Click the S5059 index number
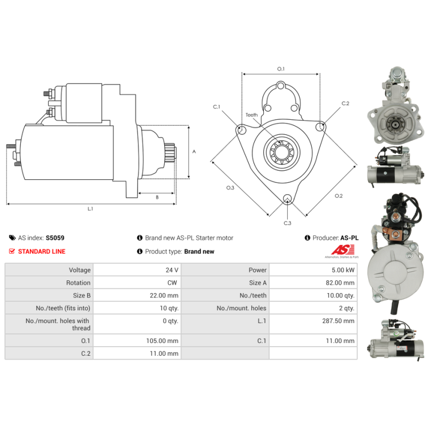55,238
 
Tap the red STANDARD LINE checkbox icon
12,251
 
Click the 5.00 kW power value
343,270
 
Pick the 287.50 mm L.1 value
338,320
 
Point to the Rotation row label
78,282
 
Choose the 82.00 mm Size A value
340,282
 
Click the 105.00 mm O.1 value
162,341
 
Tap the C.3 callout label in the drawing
287,223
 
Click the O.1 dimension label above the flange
281,69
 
